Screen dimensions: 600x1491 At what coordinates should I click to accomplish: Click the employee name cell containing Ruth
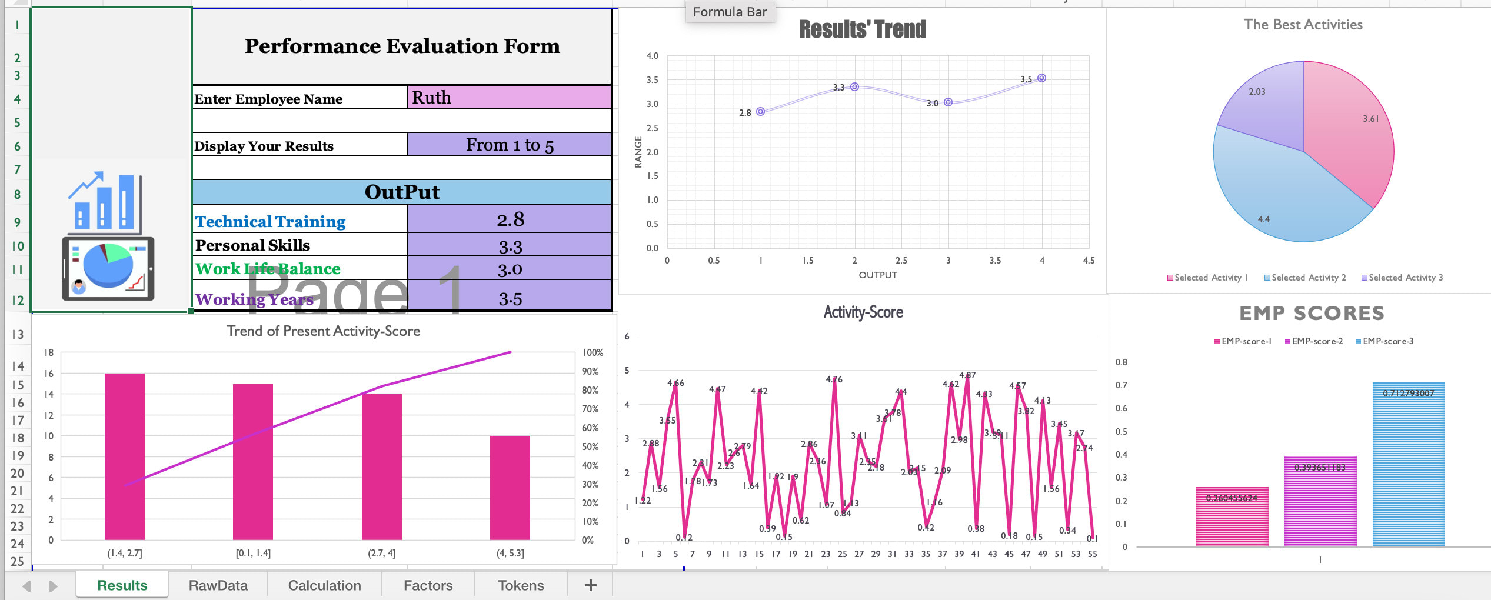[x=509, y=98]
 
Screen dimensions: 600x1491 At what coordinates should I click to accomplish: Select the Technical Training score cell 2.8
[x=510, y=219]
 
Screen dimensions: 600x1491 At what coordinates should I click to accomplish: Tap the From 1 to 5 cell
[x=510, y=145]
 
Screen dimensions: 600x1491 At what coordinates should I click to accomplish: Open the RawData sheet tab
[x=218, y=585]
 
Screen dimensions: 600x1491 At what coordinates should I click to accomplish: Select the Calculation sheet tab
[x=324, y=585]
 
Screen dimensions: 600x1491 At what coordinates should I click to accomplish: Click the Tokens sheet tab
[x=521, y=585]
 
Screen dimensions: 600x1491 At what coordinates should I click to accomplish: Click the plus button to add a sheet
[x=591, y=585]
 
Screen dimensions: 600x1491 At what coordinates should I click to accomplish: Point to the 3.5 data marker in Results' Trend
[x=1041, y=78]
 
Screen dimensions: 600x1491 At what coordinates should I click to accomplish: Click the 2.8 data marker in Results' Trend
[x=760, y=112]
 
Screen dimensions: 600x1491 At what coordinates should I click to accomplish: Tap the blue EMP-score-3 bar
[x=1409, y=465]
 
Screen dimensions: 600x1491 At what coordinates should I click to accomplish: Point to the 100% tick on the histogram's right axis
[x=593, y=352]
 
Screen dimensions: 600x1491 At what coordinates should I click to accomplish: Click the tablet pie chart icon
[x=108, y=268]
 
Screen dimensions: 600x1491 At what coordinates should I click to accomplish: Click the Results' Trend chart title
[x=862, y=29]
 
